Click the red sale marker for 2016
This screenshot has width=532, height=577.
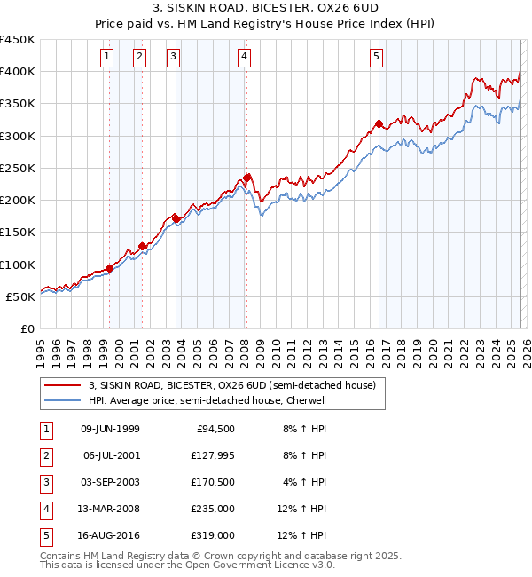379,124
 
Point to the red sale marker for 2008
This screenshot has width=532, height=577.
246,177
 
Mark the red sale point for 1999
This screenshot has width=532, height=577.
109,268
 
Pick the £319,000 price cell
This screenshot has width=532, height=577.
214,536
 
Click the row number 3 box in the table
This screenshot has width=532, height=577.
45,483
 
